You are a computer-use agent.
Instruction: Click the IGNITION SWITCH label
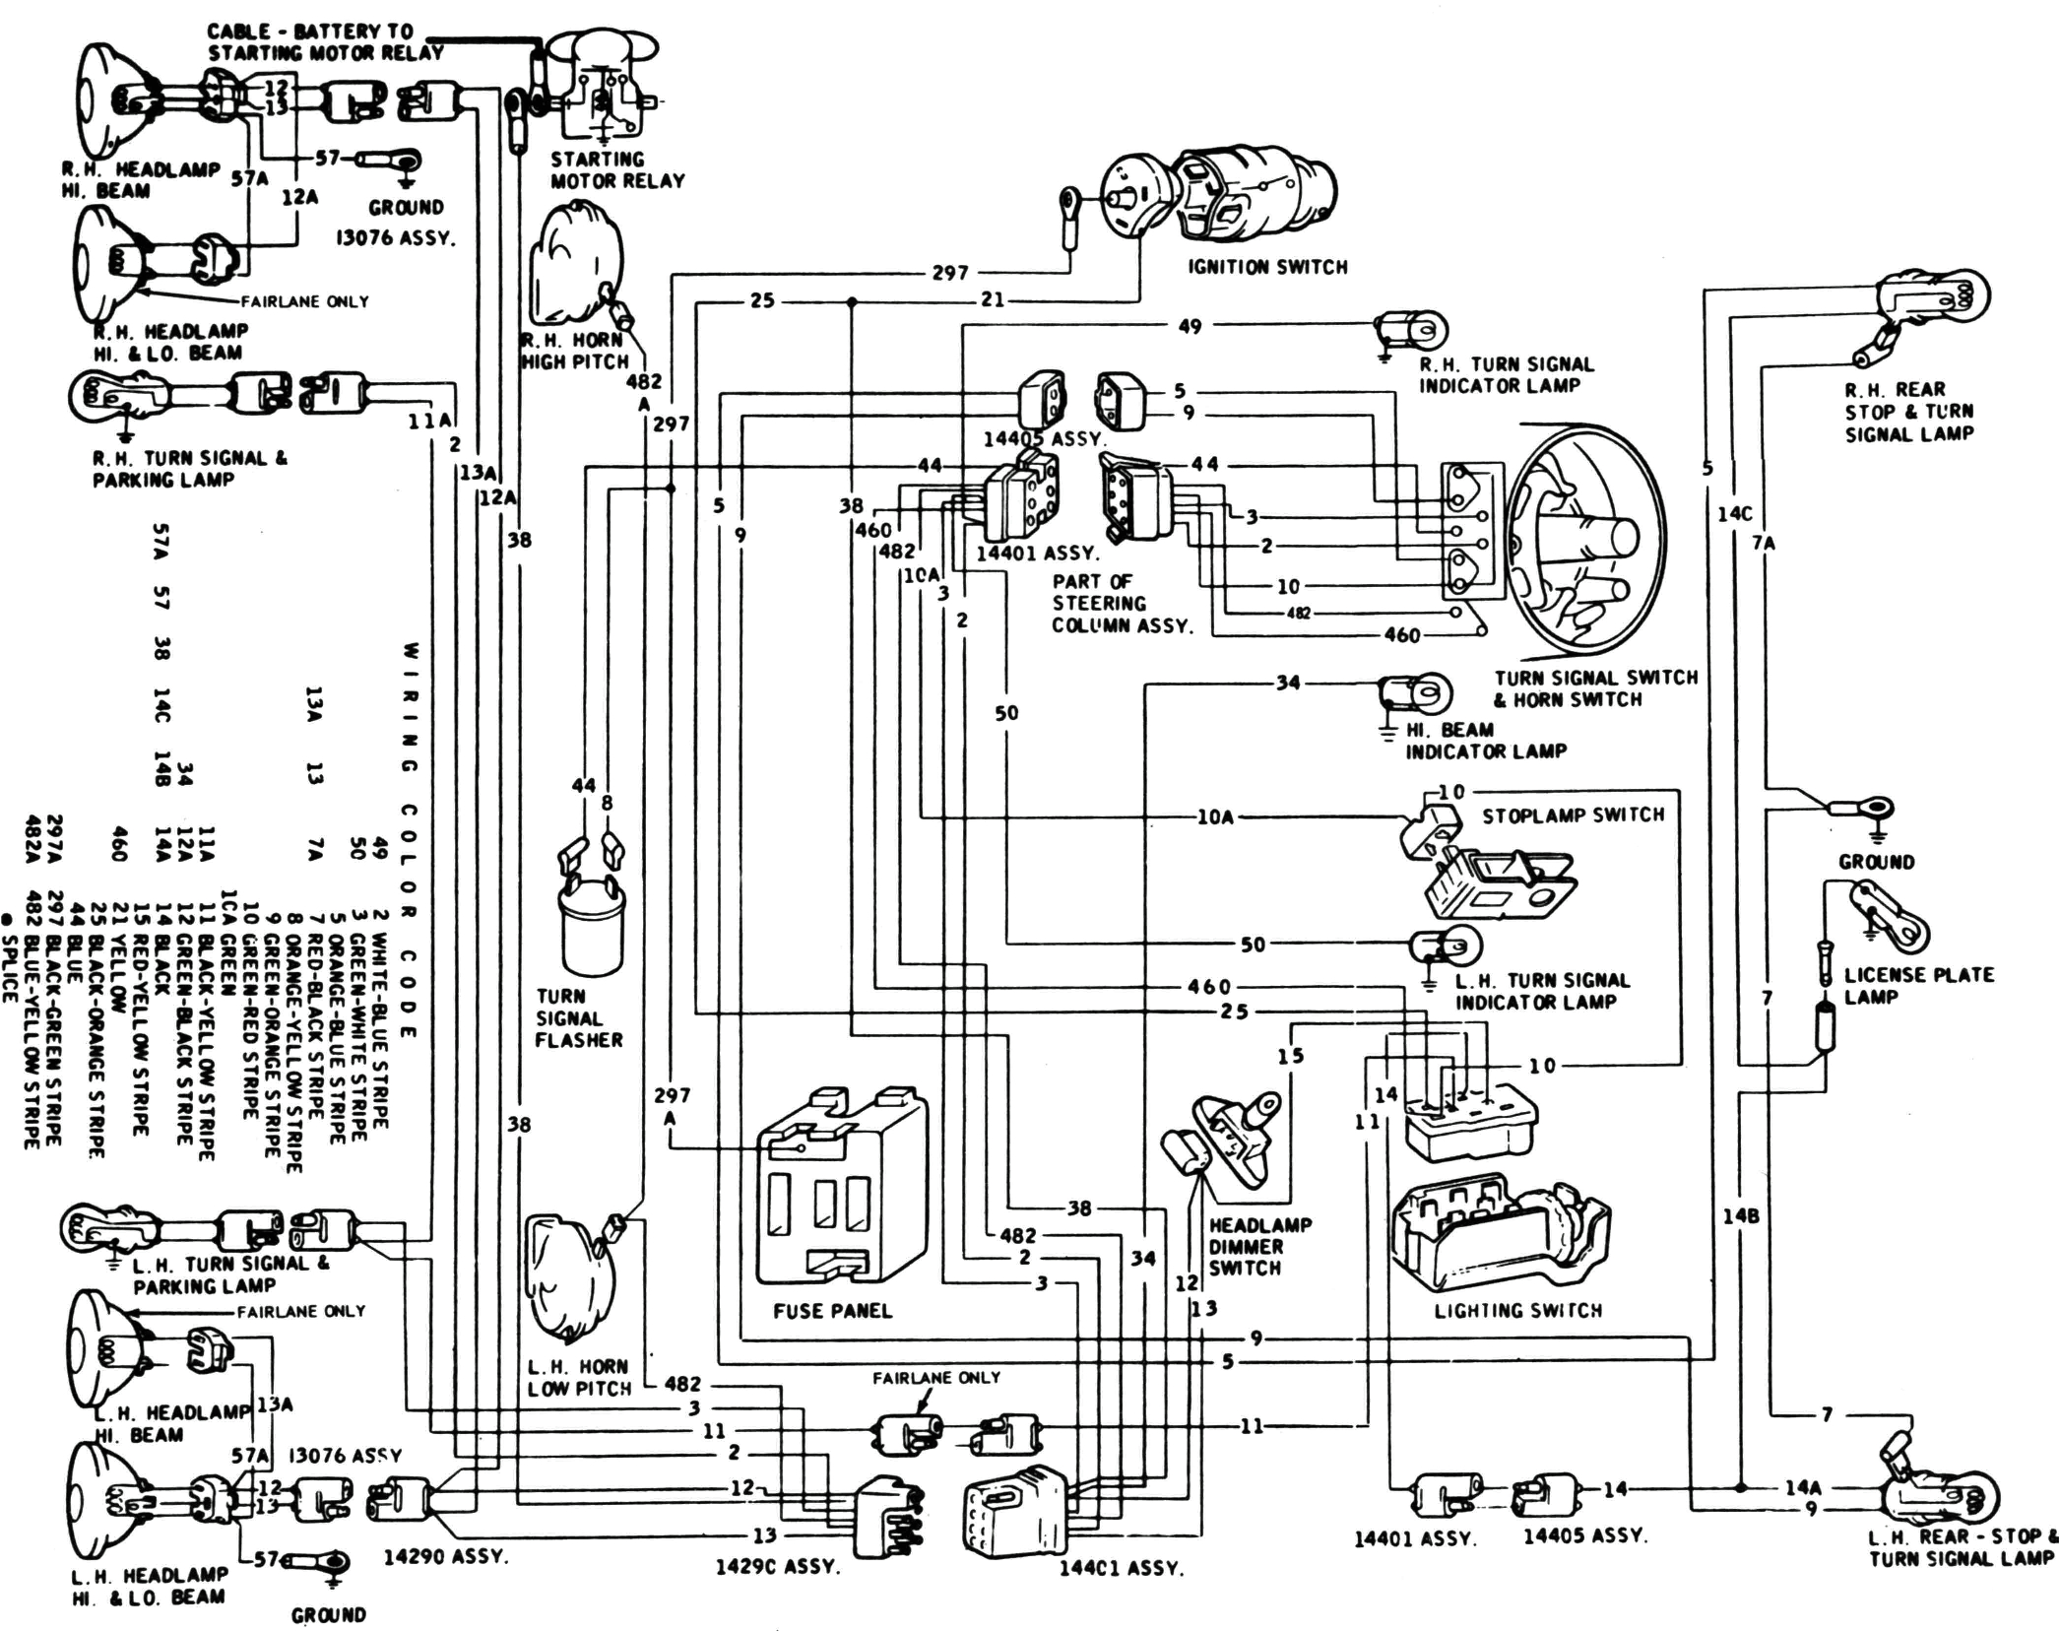pos(1266,267)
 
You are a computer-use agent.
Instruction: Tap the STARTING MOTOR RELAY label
pos(616,169)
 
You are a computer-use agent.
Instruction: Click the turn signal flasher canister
pos(591,926)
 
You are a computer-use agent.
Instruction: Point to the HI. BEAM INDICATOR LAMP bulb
pos(1418,693)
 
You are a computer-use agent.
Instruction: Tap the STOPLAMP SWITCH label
pos(1573,816)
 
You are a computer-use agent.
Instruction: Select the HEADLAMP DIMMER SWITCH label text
pos(1259,1246)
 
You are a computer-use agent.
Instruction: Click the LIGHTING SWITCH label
pos(1517,1311)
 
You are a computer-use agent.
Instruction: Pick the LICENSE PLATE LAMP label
pos(1918,985)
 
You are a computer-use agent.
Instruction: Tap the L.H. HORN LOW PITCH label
pos(578,1377)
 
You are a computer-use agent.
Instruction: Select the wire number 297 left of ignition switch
pos(949,273)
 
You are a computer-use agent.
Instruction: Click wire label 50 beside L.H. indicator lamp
pos(1252,945)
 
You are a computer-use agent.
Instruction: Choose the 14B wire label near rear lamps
pos(1740,1216)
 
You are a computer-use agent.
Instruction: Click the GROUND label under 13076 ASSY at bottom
pos(328,1615)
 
